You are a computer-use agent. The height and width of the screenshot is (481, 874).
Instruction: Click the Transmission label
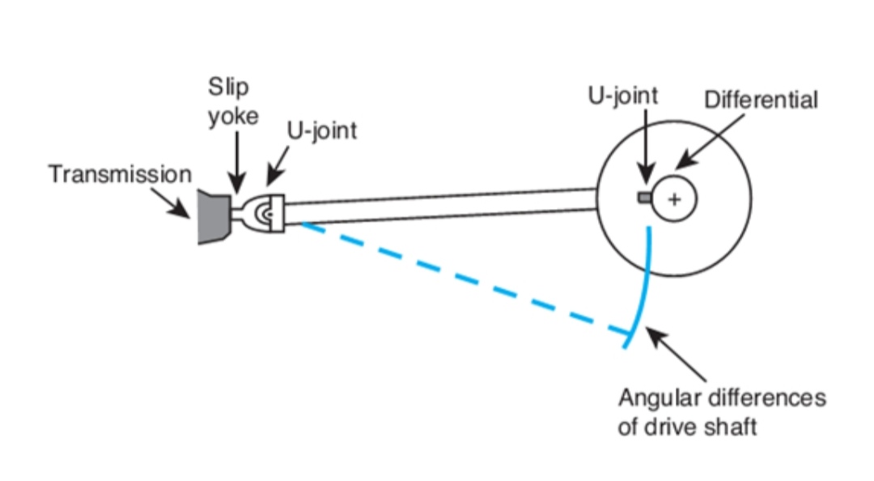[x=120, y=174]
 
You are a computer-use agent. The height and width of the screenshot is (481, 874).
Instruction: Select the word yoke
[x=234, y=116]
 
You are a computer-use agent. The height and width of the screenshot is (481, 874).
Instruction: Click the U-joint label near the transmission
[x=321, y=130]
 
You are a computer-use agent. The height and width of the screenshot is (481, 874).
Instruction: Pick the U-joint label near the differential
[x=622, y=95]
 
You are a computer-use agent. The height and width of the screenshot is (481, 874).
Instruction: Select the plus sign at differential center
[x=673, y=199]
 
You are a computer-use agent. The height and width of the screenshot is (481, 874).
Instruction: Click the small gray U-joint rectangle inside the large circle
[x=644, y=197]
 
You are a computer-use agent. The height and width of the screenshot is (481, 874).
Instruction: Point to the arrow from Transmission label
[x=180, y=206]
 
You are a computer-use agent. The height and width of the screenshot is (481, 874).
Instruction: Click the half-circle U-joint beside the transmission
[x=265, y=213]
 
